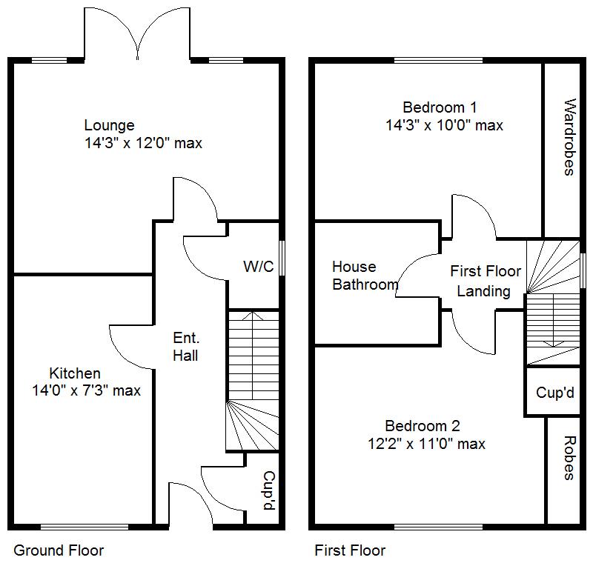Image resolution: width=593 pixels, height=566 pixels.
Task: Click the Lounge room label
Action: tap(109, 125)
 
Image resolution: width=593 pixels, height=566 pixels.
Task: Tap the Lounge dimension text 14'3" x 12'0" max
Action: tap(143, 143)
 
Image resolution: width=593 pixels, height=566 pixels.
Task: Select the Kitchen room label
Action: tap(75, 373)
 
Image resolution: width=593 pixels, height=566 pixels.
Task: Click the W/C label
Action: tap(258, 267)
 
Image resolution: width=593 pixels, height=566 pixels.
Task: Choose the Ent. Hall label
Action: tap(185, 347)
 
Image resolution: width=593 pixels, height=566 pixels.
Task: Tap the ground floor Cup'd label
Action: tap(270, 490)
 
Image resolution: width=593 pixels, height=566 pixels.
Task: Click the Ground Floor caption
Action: tap(59, 550)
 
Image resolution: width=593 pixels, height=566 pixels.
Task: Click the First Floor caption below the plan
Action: tap(350, 550)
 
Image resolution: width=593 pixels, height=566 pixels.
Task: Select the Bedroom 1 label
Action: tap(434, 107)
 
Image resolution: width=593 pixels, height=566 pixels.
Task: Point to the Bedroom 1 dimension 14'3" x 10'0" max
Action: tap(444, 125)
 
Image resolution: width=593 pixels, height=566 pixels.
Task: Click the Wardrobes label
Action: tap(569, 137)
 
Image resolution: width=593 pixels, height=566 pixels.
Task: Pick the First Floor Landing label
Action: tap(486, 282)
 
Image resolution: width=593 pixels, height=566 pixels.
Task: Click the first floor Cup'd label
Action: tap(555, 393)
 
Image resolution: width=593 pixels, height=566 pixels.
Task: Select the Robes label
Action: tap(569, 459)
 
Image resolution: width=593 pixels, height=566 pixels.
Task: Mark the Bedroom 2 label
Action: tap(423, 426)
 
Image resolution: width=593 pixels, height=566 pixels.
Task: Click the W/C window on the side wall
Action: tap(282, 257)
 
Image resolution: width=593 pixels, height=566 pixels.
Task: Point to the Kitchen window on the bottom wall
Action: tap(84, 527)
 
